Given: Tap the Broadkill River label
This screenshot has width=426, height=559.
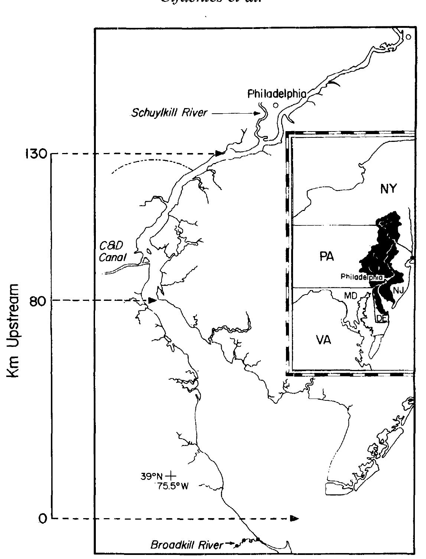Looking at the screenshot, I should tap(187, 545).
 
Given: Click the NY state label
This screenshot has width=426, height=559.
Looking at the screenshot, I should tap(388, 189).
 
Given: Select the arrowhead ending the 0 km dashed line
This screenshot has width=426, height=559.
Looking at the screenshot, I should tap(295, 518).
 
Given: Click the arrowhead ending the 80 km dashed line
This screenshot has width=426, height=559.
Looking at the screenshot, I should tap(152, 300).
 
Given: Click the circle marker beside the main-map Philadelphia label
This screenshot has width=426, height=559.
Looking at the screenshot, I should tap(275, 105).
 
